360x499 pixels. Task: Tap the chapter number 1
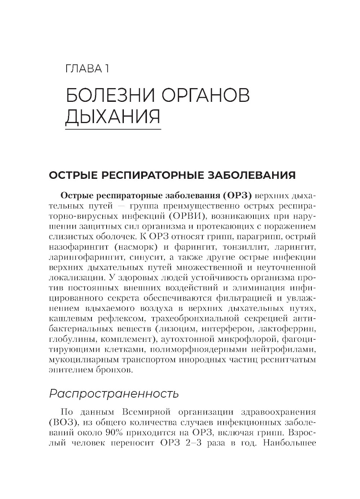click(x=107, y=69)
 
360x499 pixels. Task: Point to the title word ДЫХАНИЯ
click(x=112, y=117)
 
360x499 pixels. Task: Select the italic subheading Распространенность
click(x=114, y=394)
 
